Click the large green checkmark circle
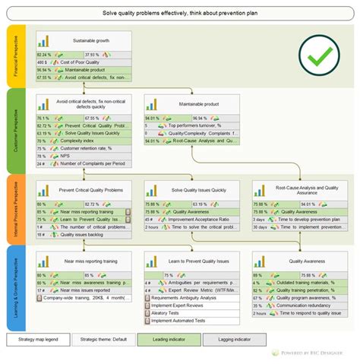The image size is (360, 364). [x=317, y=53]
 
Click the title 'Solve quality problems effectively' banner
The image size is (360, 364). [x=180, y=14]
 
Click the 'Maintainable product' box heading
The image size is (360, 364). [x=200, y=103]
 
